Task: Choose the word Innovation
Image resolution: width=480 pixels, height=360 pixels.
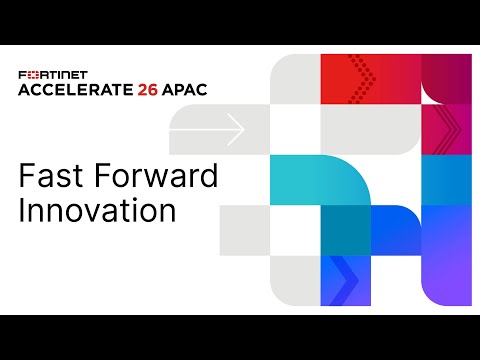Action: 97,212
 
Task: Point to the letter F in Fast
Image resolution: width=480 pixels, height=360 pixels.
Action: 27,177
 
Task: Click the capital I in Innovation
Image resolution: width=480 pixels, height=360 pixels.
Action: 23,212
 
